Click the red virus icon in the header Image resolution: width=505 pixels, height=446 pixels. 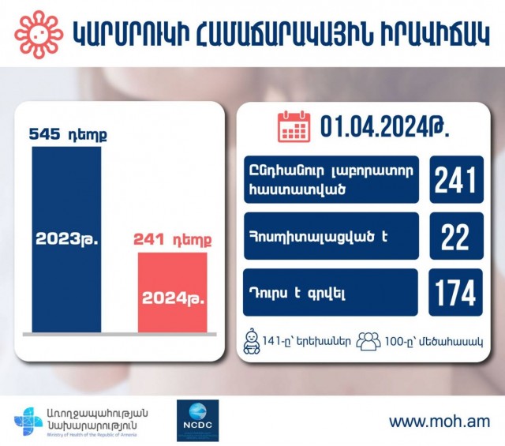click(x=39, y=34)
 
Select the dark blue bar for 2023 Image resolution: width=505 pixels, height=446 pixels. click(x=66, y=239)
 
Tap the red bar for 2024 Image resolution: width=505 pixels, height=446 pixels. click(x=173, y=292)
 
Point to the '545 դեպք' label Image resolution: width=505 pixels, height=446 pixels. click(x=68, y=134)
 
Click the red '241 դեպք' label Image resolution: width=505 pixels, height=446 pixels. click(x=173, y=240)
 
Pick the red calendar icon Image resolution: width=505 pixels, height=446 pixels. click(x=294, y=126)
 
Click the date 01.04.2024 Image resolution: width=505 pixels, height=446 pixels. click(x=384, y=126)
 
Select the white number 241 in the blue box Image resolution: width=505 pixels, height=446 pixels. click(x=456, y=180)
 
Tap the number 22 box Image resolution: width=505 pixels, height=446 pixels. click(x=456, y=236)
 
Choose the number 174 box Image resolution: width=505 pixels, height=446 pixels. click(x=456, y=292)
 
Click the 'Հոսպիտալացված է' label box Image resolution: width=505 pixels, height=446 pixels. click(x=331, y=236)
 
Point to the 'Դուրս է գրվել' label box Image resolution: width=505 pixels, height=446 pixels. click(x=331, y=292)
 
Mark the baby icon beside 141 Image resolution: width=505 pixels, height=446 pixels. click(x=252, y=342)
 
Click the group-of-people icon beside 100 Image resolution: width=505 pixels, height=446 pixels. click(x=368, y=341)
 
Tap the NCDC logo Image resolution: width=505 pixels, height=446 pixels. click(x=198, y=420)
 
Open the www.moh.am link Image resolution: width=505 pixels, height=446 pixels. click(x=440, y=422)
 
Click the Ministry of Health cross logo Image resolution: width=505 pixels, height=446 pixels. click(x=28, y=422)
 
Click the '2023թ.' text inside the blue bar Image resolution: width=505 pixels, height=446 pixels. click(x=66, y=239)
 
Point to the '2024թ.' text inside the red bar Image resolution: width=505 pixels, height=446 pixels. click(x=173, y=298)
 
